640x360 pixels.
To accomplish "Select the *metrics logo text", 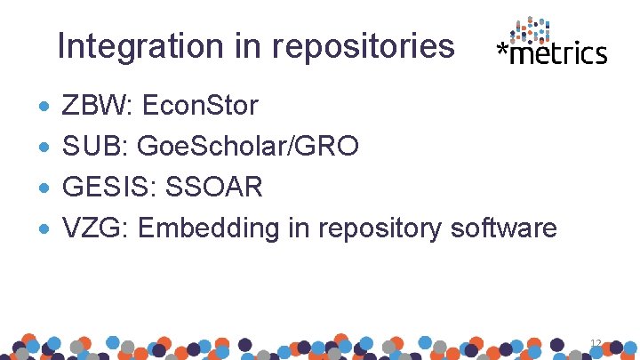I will tap(552, 54).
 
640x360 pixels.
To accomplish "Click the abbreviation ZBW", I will tap(85, 107).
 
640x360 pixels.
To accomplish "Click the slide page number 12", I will tap(596, 342).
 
